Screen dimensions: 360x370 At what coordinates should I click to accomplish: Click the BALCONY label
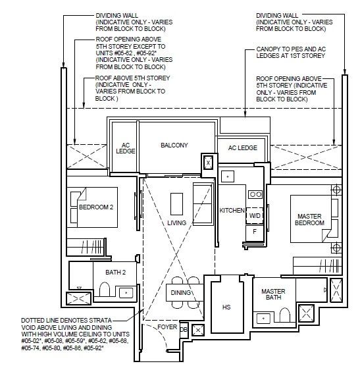[x=174, y=145]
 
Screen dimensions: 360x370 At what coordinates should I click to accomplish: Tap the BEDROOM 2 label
[x=96, y=207]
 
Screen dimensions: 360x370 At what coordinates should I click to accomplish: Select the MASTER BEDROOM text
[x=309, y=219]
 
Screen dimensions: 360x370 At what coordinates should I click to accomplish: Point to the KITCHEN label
[x=232, y=210]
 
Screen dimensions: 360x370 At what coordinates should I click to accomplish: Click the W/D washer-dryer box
[x=255, y=216]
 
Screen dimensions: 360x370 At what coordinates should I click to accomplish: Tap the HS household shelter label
[x=226, y=307]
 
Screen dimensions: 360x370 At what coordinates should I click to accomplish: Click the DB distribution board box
[x=184, y=329]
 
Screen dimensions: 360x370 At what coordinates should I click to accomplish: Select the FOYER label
[x=167, y=327]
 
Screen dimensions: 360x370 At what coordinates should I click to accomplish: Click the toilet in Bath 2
[x=104, y=289]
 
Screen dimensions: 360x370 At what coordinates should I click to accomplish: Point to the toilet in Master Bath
[x=284, y=315]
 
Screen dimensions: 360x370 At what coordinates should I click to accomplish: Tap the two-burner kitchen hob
[x=255, y=194]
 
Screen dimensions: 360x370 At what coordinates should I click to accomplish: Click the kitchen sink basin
[x=228, y=176]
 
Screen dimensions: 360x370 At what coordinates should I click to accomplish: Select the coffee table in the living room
[x=176, y=204]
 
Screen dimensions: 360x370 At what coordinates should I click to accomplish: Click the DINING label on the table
[x=180, y=292]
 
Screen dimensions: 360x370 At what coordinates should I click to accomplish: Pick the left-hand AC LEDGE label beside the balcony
[x=126, y=148]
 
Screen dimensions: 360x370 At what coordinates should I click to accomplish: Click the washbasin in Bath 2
[x=126, y=293]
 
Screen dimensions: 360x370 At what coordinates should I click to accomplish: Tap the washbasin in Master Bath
[x=263, y=319]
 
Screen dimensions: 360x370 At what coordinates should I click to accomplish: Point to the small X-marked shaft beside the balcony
[x=208, y=163]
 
